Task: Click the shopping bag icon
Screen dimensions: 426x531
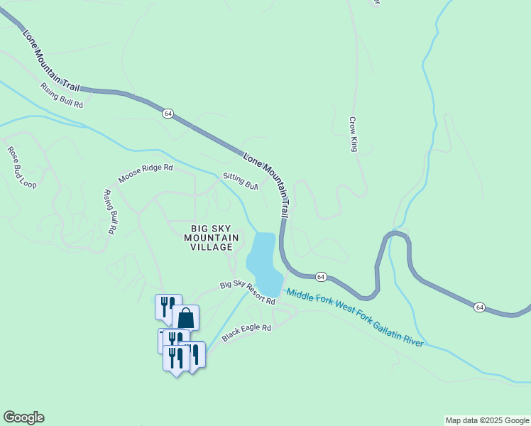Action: (x=185, y=317)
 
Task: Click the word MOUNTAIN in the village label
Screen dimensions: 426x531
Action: (x=208, y=237)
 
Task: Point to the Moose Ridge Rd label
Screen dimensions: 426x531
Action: (x=146, y=174)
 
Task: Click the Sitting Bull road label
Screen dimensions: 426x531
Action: (x=240, y=180)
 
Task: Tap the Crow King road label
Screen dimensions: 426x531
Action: (x=352, y=134)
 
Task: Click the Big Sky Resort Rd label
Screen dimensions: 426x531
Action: (x=247, y=293)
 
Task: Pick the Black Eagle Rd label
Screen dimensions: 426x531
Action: (x=246, y=332)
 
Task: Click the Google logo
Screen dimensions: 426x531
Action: (x=23, y=417)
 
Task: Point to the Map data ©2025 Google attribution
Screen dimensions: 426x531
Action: (x=487, y=420)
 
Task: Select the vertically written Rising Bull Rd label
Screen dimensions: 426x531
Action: (x=110, y=212)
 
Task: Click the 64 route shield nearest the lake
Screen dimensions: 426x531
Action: (x=321, y=276)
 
